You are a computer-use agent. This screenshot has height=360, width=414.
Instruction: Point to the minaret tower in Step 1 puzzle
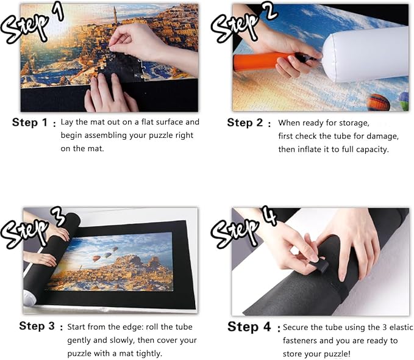pos(115,15)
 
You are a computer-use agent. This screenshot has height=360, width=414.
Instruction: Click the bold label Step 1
pos(29,123)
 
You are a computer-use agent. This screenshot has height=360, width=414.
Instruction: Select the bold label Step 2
pos(244,123)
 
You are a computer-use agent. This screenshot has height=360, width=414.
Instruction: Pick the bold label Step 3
pos(37,326)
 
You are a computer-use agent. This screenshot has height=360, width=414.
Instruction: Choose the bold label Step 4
pos(249,326)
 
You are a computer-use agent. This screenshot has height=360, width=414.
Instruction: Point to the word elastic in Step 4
pos(401,327)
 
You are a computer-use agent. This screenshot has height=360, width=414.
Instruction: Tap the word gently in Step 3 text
pos(79,340)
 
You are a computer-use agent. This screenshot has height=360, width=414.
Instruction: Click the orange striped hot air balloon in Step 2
pos(379,103)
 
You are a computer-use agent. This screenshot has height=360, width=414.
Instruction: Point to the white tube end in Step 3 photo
pos(29,298)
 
